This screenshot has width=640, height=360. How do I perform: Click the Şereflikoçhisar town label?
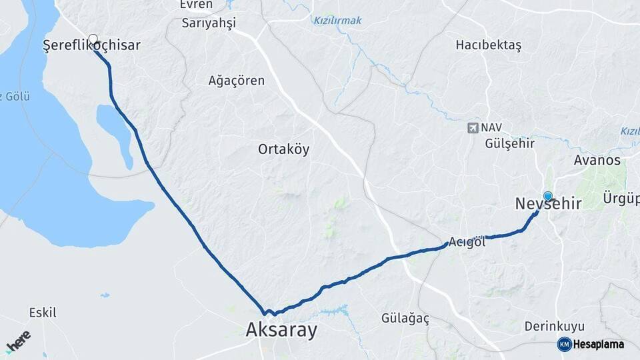[91, 46]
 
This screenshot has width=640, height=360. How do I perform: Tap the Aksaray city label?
[281, 330]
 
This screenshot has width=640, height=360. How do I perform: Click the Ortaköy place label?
[283, 149]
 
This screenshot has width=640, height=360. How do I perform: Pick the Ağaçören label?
[237, 81]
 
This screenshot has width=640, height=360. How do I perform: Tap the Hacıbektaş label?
[488, 45]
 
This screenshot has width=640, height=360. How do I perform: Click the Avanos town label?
[597, 161]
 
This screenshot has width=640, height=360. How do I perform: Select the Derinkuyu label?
[554, 326]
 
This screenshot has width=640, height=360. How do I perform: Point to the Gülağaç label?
[405, 318]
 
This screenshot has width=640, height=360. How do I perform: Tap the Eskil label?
[43, 312]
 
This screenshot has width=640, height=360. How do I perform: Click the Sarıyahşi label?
[209, 23]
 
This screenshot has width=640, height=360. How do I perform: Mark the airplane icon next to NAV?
[473, 127]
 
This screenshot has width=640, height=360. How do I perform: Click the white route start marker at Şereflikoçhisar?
[93, 39]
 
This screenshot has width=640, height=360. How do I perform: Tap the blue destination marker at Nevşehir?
[548, 196]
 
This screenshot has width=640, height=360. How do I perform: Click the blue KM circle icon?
[564, 344]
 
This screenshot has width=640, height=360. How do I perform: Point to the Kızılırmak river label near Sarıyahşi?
[337, 21]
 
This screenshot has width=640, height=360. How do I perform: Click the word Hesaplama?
[600, 344]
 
